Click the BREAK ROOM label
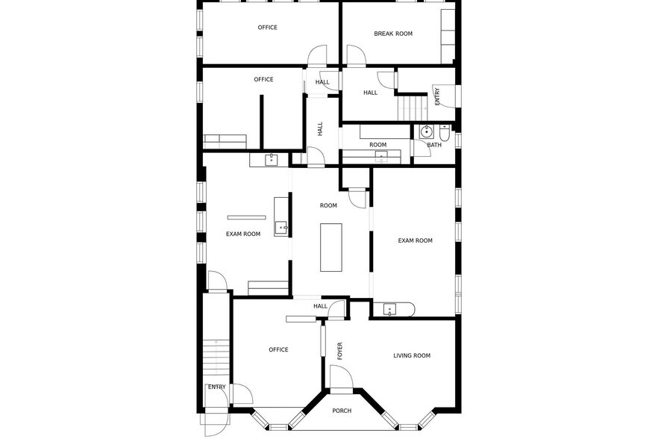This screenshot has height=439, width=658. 393,34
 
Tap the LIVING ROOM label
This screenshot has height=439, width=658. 412,356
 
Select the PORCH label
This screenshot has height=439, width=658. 342,411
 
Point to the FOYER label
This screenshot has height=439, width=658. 340,351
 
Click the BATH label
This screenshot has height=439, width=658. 434,145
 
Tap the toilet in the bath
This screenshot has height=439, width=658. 445,134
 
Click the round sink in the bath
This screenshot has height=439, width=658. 426,132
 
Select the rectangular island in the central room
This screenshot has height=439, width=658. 331,247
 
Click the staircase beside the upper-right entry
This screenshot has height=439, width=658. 411,108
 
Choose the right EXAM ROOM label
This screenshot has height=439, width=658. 416,240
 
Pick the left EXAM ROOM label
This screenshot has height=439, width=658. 243,234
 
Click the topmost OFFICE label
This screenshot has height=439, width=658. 268,28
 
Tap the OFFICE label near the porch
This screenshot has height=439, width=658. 278,349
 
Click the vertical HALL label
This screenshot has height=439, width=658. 320,129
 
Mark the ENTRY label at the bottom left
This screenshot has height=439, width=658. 217,387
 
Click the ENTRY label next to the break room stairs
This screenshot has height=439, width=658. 437,96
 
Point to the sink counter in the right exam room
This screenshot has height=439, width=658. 393,309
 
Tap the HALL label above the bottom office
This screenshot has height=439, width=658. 320,306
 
